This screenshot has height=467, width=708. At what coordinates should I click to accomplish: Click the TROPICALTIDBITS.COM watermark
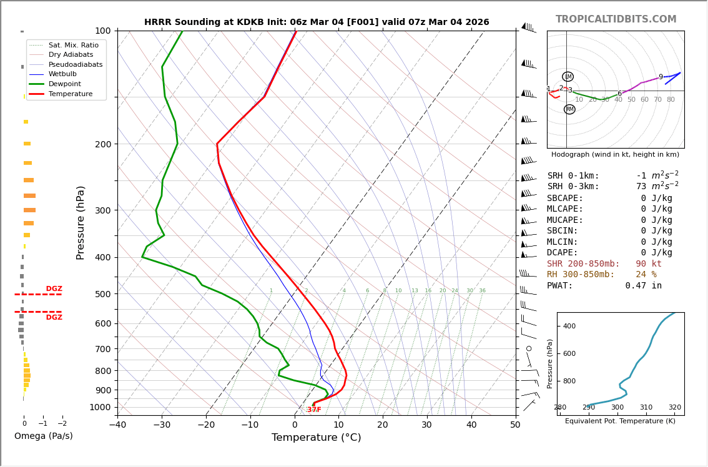click(x=616, y=19)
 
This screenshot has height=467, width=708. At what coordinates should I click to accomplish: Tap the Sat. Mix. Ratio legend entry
click(x=73, y=45)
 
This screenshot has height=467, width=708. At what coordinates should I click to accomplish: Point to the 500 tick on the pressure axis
click(x=103, y=294)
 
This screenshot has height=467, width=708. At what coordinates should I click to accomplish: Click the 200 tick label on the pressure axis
click(x=103, y=144)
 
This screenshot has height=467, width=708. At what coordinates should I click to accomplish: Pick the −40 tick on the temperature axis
click(x=117, y=425)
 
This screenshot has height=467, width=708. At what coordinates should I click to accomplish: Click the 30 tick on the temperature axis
click(x=426, y=425)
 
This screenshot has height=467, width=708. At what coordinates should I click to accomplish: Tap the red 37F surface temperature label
click(x=314, y=410)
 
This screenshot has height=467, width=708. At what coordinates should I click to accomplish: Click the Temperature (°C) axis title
click(x=316, y=438)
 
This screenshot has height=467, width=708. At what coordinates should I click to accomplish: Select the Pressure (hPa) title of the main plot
click(x=81, y=222)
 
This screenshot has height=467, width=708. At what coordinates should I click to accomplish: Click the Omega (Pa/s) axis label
click(x=43, y=436)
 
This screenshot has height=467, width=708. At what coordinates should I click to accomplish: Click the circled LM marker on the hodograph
click(x=568, y=77)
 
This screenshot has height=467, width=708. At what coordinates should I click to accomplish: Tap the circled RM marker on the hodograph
click(x=569, y=109)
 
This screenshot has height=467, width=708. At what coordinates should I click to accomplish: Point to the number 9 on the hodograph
click(x=661, y=77)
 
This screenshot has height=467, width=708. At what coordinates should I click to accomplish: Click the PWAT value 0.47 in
click(x=643, y=286)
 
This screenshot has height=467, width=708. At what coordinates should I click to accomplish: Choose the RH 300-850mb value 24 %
click(x=646, y=275)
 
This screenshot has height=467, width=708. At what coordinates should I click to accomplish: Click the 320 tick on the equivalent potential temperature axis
click(x=674, y=408)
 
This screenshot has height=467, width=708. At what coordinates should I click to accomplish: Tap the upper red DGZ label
click(x=54, y=289)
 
